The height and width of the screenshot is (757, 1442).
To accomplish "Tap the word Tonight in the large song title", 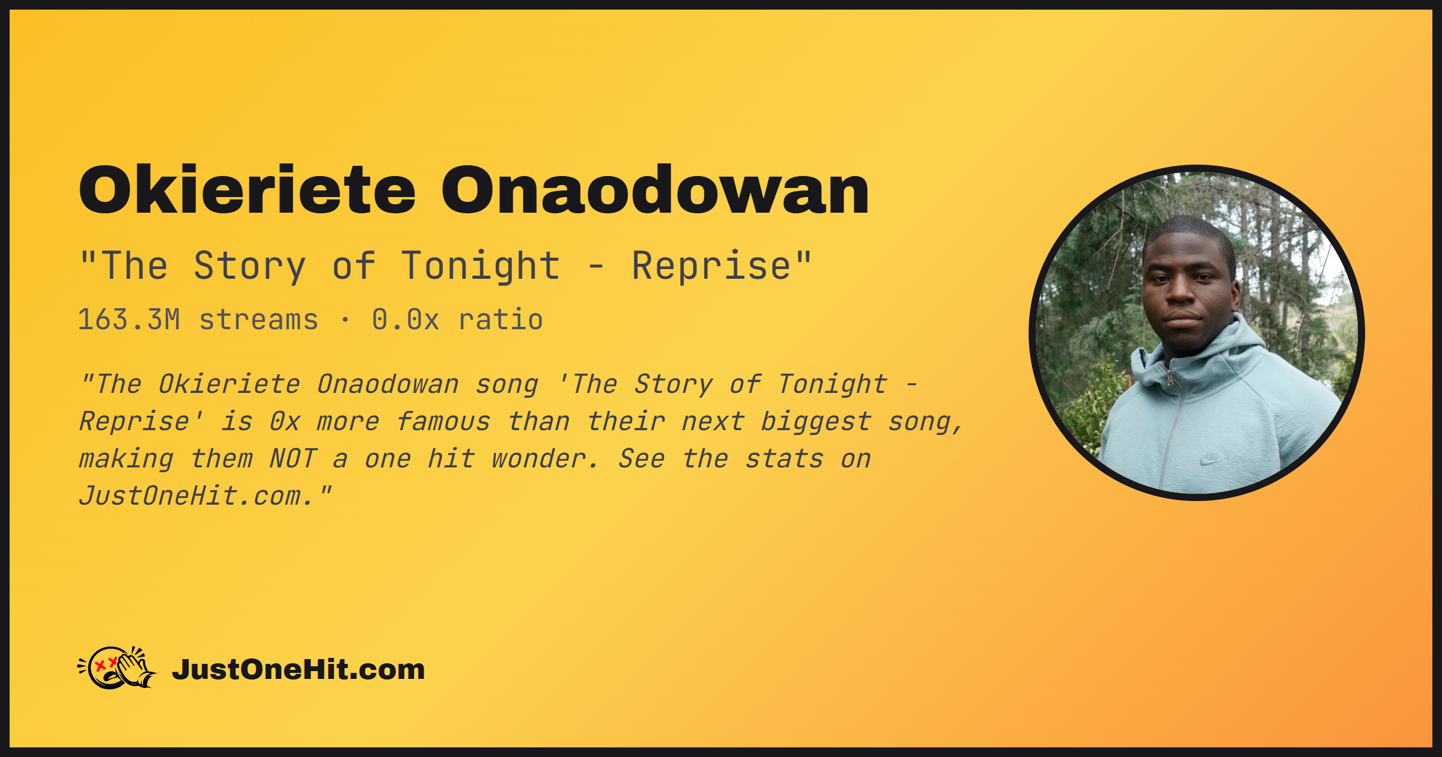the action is [481, 266].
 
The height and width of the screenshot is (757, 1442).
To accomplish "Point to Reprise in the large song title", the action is [712, 266].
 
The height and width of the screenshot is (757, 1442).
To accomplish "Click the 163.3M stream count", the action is [129, 320].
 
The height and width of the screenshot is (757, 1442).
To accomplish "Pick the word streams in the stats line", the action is [258, 320].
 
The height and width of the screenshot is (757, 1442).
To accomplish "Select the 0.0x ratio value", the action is [406, 320].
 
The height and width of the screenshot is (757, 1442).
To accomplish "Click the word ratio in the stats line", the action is [501, 320].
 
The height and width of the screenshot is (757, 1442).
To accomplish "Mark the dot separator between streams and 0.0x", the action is [345, 320].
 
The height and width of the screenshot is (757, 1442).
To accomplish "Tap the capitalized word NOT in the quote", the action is [293, 459].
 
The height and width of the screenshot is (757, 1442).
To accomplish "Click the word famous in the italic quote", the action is [443, 422].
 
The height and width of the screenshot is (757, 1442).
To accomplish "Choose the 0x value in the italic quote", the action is [285, 422].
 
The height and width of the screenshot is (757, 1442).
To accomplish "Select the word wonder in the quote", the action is [538, 459].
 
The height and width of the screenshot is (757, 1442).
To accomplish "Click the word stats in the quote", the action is [784, 459].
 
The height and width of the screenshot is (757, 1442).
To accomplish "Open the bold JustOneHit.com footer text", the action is [299, 669].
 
